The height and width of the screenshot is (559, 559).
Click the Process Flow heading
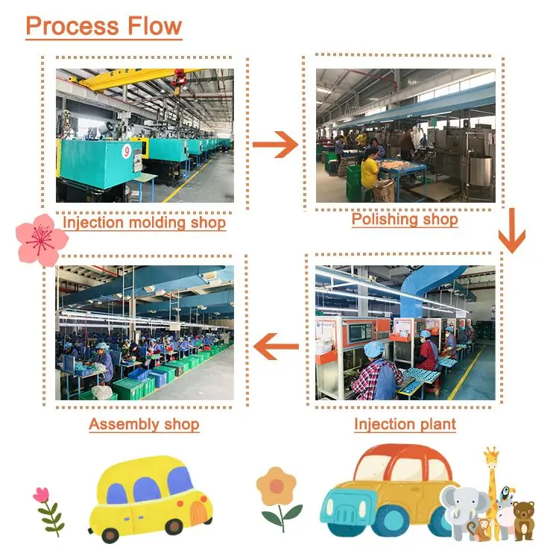tap(104, 26)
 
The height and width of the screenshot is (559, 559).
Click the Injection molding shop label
tap(144, 222)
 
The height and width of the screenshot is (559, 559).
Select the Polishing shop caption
tap(405, 220)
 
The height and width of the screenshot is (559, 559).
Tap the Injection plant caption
tap(405, 425)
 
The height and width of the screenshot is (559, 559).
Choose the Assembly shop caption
tap(144, 425)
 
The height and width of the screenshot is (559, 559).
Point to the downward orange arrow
tap(511, 233)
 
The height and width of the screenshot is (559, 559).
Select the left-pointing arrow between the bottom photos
tap(277, 346)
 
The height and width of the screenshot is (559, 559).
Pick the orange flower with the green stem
tap(277, 488)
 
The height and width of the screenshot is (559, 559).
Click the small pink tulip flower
tap(41, 495)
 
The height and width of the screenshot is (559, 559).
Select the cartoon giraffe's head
tap(491, 457)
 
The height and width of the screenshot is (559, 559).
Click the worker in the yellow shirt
tap(370, 169)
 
